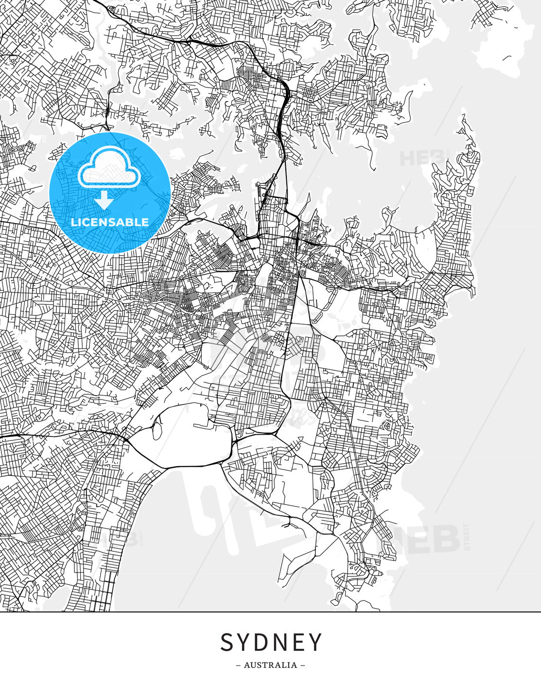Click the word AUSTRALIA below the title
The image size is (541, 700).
[x=270, y=665]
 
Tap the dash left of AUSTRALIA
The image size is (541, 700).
[x=238, y=665]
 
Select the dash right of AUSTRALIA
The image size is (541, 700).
[x=303, y=665]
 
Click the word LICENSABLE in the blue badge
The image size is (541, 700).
[x=110, y=222]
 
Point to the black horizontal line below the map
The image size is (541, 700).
[x=270, y=612]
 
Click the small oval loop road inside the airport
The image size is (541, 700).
[x=157, y=430]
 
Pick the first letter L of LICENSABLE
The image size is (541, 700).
[x=74, y=222]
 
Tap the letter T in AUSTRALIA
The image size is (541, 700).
[x=264, y=665]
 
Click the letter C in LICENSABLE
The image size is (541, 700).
[x=87, y=222]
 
